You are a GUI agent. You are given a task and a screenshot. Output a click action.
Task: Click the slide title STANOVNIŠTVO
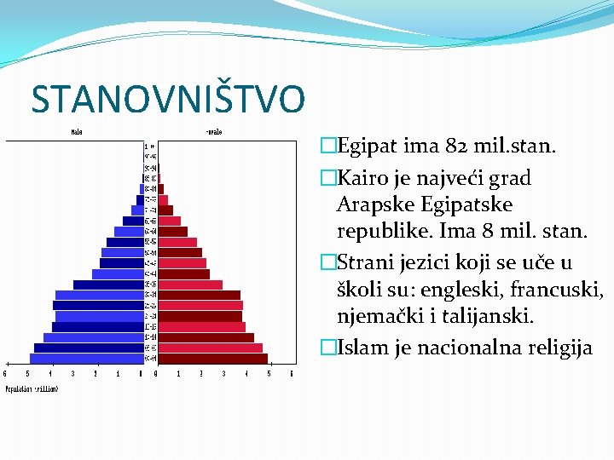tap(167, 99)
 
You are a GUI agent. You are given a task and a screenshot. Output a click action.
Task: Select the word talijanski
tap(489, 317)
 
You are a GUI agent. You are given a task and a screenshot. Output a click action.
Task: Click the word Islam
tap(360, 348)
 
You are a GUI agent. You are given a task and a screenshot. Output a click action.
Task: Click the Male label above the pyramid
tap(77, 132)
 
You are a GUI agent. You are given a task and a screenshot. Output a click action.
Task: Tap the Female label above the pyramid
tap(213, 132)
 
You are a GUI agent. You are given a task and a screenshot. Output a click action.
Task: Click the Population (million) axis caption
tap(32, 388)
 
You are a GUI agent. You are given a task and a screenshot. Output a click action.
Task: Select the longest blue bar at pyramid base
tap(85, 359)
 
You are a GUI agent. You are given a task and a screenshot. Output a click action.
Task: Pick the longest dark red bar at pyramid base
tap(214, 359)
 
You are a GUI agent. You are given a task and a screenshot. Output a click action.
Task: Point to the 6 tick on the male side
tap(6, 373)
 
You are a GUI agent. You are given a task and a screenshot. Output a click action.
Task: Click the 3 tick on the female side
tap(224, 373)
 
